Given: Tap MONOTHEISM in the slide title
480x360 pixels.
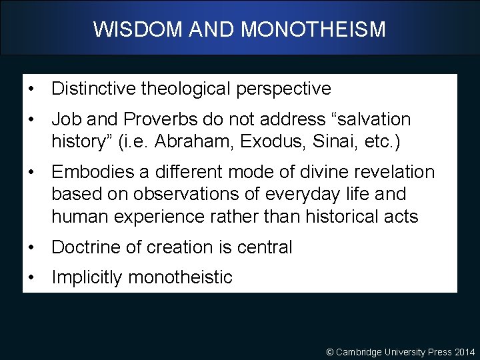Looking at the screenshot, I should [x=313, y=29].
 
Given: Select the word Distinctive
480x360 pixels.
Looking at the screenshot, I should [x=93, y=89].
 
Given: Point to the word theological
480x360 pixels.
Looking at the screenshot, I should [x=183, y=89].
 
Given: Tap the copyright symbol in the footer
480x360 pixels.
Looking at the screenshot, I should [x=329, y=351].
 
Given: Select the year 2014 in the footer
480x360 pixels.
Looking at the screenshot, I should [x=464, y=351].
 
